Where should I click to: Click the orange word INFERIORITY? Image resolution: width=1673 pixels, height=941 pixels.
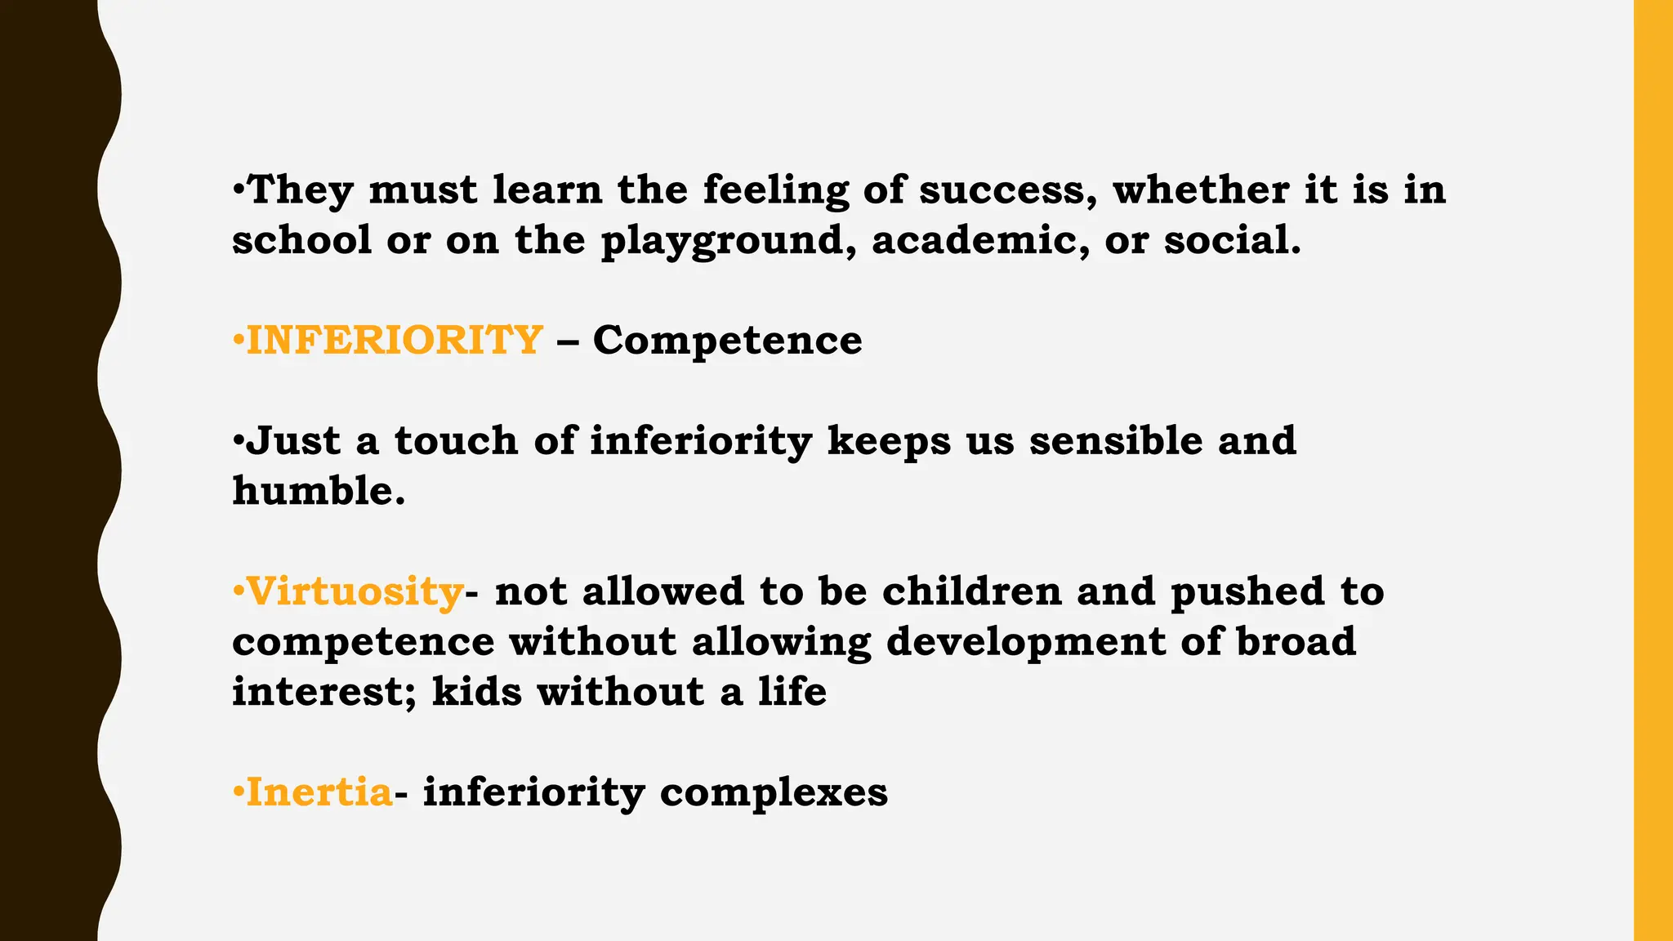pos(395,340)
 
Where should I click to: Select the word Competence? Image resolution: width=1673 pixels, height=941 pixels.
pos(727,340)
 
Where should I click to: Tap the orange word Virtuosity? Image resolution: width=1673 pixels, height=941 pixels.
pos(355,591)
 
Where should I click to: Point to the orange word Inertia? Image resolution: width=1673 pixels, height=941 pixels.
pos(319,792)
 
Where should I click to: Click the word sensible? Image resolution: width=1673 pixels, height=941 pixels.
pos(1115,441)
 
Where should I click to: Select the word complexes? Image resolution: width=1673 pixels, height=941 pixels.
pos(774,792)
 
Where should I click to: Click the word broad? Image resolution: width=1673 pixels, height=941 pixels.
pos(1296,642)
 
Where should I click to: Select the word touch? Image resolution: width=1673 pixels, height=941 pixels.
pos(456,441)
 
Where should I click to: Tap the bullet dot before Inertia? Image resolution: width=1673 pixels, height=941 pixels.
pos(238,792)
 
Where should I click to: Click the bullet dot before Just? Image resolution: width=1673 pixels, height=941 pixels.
pos(238,442)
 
